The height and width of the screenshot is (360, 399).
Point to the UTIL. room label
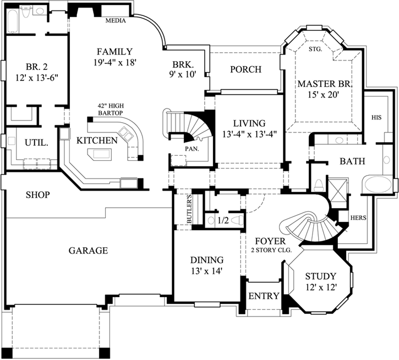point(36,142)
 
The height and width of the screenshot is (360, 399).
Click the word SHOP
point(38,195)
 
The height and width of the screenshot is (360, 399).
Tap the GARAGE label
point(88,250)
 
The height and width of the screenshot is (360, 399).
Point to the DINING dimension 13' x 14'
point(206,271)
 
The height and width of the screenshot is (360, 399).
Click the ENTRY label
point(264,296)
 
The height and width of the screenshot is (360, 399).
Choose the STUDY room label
point(321,276)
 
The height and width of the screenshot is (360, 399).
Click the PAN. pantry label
point(192,149)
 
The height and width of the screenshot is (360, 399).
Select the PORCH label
point(245,69)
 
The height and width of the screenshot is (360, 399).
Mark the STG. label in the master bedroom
point(315,49)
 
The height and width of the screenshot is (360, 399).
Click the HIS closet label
point(376,117)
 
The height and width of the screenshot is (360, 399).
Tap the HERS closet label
point(358,217)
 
